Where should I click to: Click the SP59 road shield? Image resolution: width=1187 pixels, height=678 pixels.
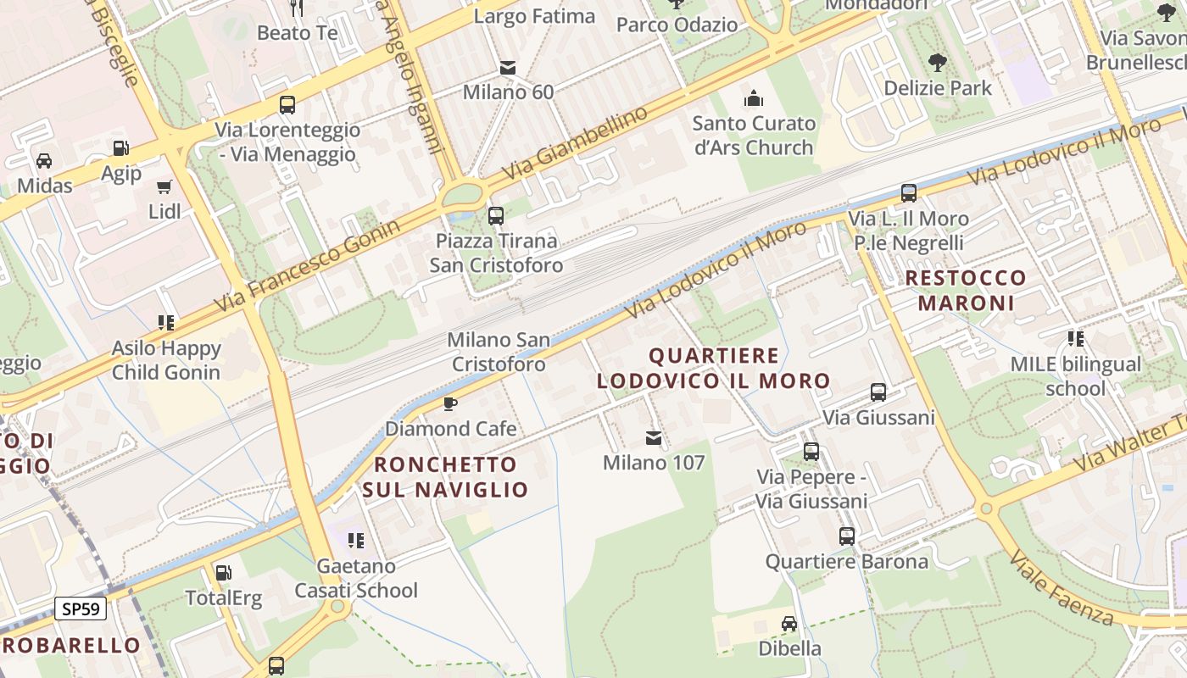point(81,608)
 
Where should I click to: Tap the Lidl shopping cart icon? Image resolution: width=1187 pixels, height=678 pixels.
point(164,186)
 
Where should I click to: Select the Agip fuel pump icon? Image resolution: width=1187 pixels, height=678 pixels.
point(121,148)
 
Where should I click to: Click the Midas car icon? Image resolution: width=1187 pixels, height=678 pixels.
point(44,160)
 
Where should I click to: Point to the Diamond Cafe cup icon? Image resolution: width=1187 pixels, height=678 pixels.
point(450,403)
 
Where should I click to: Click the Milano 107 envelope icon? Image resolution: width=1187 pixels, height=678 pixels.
point(654,437)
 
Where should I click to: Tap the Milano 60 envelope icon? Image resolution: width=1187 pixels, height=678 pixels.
point(508,67)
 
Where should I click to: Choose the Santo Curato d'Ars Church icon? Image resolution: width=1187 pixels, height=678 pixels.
point(754,98)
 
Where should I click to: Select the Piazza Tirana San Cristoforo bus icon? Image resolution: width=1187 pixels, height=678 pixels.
point(496,215)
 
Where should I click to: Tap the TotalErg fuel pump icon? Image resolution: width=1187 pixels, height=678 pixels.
point(223,573)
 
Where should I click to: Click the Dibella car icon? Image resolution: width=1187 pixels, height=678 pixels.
point(789,624)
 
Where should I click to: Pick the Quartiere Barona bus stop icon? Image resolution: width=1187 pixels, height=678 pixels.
point(846,536)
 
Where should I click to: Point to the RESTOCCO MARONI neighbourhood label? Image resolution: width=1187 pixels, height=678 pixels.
point(966,290)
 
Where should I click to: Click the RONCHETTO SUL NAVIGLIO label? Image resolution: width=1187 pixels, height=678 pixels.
point(445,476)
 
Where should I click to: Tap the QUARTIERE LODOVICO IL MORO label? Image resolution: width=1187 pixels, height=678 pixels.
point(713,368)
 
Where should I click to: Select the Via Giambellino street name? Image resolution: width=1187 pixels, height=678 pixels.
point(574,144)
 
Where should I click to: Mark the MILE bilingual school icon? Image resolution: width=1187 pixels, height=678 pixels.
point(1076,339)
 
